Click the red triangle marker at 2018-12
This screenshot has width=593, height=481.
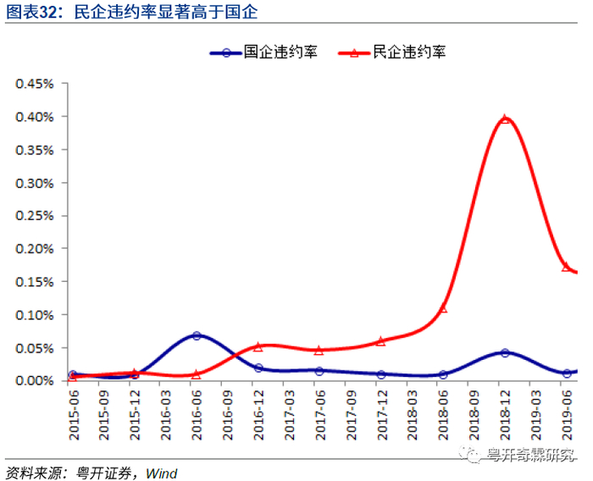[505, 119]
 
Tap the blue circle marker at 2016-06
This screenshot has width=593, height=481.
[197, 335]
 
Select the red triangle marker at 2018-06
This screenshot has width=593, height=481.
[443, 308]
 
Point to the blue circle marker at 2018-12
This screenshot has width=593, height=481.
[505, 353]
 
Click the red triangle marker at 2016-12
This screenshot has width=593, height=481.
[258, 346]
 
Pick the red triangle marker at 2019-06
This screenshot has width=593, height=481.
[566, 267]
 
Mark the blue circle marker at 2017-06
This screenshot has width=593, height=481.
[319, 371]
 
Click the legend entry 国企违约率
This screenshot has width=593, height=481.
[263, 53]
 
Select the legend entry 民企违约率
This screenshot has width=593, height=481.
[392, 53]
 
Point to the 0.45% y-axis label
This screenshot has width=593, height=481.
[35, 84]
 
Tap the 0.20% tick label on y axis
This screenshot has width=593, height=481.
[35, 249]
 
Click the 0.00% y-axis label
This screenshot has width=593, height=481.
[35, 380]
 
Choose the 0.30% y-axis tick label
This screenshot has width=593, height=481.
[35, 183]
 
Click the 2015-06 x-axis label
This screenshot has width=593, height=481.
[74, 415]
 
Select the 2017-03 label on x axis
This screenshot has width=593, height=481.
[290, 415]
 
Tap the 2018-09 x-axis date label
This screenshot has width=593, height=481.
[474, 415]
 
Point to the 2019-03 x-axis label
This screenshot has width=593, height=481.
[536, 415]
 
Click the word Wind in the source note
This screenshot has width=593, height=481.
[162, 473]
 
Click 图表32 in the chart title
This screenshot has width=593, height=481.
[31, 12]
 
